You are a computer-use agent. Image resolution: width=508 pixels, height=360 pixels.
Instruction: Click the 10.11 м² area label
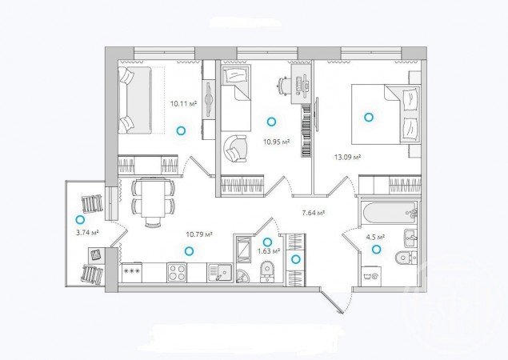click(x=184, y=104)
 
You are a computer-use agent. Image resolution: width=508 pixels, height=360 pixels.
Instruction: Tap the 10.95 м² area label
click(x=276, y=142)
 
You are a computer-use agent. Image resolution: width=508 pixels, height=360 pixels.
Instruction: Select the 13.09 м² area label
click(x=348, y=158)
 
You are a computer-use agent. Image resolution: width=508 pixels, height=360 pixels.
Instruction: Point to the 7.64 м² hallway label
click(x=314, y=213)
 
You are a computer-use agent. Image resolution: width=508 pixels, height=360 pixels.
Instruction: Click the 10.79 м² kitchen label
click(x=199, y=234)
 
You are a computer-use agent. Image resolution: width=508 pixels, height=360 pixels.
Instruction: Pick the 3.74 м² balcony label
click(x=87, y=232)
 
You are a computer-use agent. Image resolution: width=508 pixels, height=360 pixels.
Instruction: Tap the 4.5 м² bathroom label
click(x=375, y=237)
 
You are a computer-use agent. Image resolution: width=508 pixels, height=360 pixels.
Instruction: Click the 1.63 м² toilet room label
click(x=269, y=251)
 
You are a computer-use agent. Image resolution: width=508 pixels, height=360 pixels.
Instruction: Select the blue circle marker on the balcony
click(x=80, y=220)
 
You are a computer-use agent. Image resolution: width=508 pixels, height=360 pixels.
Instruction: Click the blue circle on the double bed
click(x=368, y=117)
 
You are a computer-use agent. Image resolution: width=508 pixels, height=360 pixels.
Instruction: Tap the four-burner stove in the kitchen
click(x=177, y=272)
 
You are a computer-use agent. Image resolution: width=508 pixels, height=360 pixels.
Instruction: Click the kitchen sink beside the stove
click(x=220, y=272)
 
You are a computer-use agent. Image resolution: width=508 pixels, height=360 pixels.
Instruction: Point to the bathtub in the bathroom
click(x=390, y=213)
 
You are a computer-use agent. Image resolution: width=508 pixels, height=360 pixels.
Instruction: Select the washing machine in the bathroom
click(x=371, y=276)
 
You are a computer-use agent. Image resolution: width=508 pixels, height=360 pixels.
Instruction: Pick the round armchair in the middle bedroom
click(x=234, y=149)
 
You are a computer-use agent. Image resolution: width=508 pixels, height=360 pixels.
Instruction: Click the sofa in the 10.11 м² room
click(x=134, y=100)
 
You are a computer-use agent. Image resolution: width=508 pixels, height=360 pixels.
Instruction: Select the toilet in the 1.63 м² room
click(x=267, y=271)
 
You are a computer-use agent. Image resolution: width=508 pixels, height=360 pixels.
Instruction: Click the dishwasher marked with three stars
click(x=132, y=272)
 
